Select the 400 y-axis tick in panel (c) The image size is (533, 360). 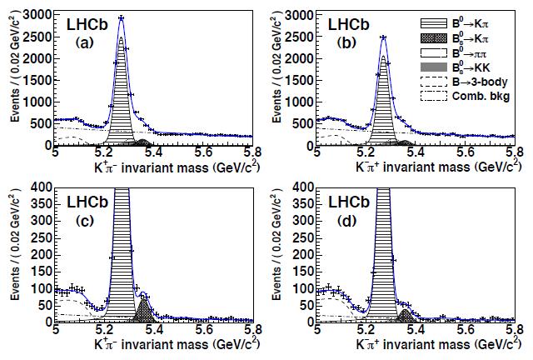(x=42, y=185)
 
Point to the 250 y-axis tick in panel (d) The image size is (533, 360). (x=305, y=237)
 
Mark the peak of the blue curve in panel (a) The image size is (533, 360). (x=122, y=17)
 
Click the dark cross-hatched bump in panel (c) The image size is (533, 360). (x=142, y=312)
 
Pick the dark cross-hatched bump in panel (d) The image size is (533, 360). (x=406, y=317)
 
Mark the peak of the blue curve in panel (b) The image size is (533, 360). (x=384, y=37)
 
